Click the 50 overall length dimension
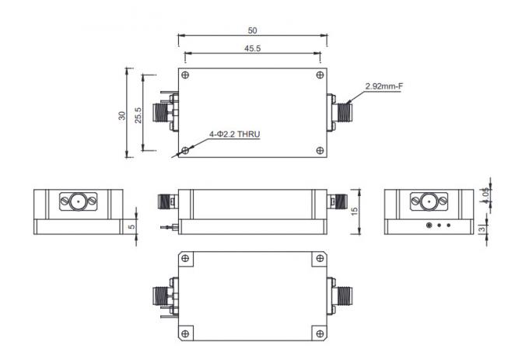[x=252, y=30]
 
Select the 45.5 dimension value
[x=252, y=48]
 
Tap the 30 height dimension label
[x=121, y=114]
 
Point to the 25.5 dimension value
[x=138, y=114]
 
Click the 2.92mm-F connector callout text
[x=384, y=86]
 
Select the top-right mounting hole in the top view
[x=320, y=75]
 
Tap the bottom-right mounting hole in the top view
[x=320, y=150]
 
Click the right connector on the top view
[x=341, y=114]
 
